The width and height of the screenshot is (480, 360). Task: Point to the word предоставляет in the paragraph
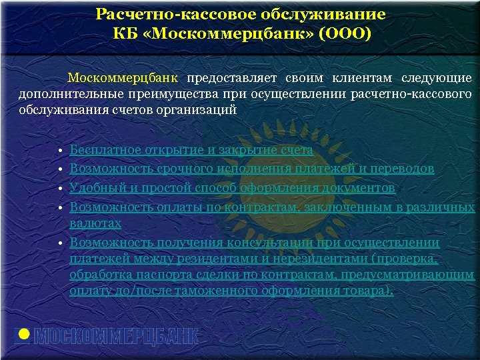[229, 78]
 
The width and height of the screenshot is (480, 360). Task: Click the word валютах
[95, 224]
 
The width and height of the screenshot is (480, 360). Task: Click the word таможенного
[222, 291]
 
